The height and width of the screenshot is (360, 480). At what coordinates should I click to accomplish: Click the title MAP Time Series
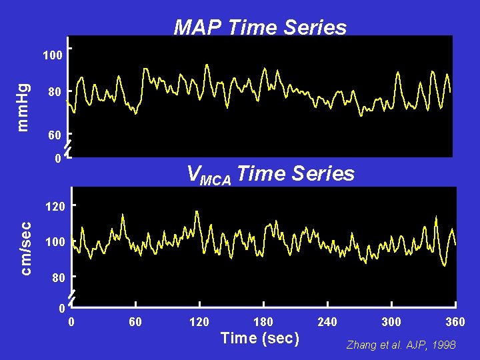260,27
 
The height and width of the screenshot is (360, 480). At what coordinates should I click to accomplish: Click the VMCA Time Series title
271,175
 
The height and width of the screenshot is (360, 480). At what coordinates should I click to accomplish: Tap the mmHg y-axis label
23,107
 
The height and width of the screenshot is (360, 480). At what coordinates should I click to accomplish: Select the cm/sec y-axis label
25,248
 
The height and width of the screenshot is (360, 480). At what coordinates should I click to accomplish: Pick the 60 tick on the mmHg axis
55,135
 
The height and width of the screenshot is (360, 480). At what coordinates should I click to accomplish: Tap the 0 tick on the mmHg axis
59,158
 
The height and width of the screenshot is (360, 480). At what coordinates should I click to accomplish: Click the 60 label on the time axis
135,323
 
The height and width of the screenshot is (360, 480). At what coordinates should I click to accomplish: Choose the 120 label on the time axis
199,323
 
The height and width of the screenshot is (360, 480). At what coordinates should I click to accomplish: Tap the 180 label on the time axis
263,323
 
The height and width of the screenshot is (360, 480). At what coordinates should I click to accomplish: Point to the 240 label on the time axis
327,323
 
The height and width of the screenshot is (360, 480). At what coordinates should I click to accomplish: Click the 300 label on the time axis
391,323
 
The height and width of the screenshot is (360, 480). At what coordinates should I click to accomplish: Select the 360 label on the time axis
455,323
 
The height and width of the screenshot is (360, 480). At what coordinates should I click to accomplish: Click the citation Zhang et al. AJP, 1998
400,345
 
